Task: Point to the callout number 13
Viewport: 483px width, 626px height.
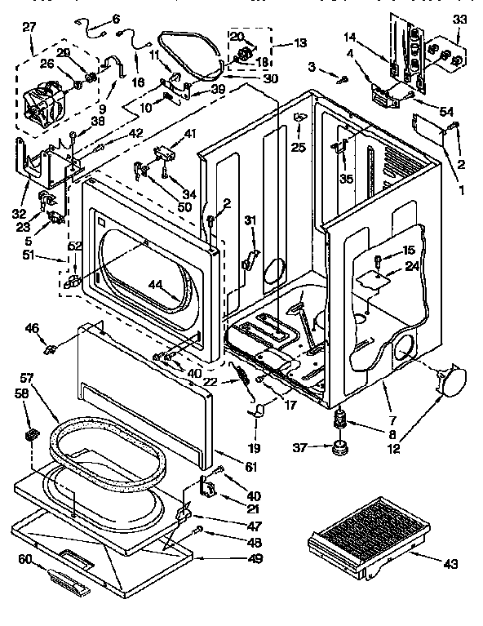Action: point(277,42)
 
